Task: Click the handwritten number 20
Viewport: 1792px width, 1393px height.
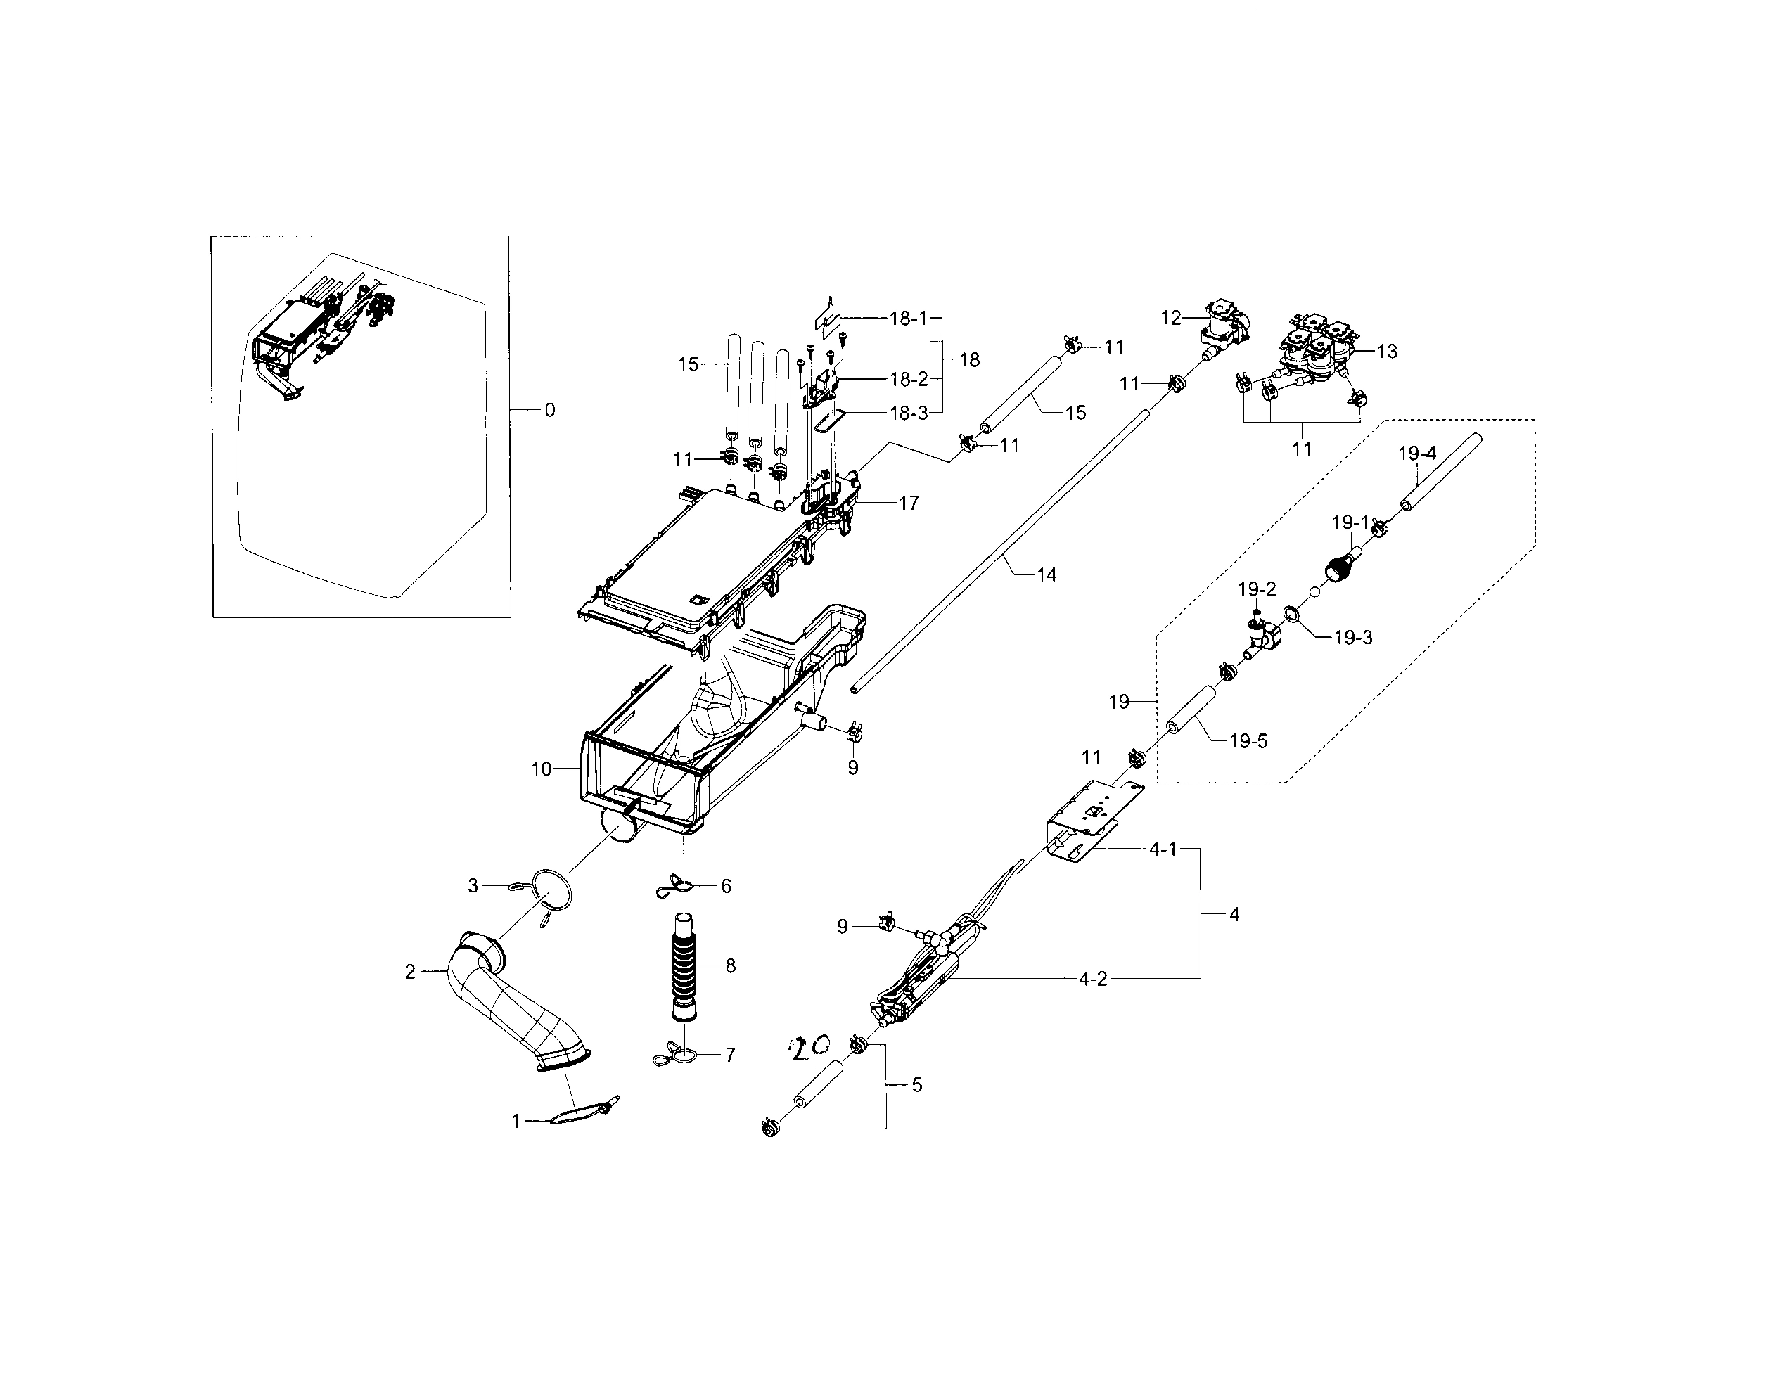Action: click(x=808, y=1047)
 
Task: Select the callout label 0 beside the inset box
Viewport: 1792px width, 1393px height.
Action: click(x=550, y=410)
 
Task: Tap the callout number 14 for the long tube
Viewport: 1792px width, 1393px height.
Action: click(x=1047, y=575)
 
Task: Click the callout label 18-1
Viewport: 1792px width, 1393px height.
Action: click(x=909, y=319)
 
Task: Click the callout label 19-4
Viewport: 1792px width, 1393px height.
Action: click(x=1417, y=453)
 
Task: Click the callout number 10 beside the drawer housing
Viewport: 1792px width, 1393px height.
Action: click(x=541, y=769)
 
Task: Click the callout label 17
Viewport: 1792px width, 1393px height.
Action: click(x=909, y=503)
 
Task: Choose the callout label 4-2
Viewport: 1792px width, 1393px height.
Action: click(x=1092, y=978)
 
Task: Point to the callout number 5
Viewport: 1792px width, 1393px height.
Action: click(x=916, y=1084)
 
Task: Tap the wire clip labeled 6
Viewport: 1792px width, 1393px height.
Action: click(x=677, y=885)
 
